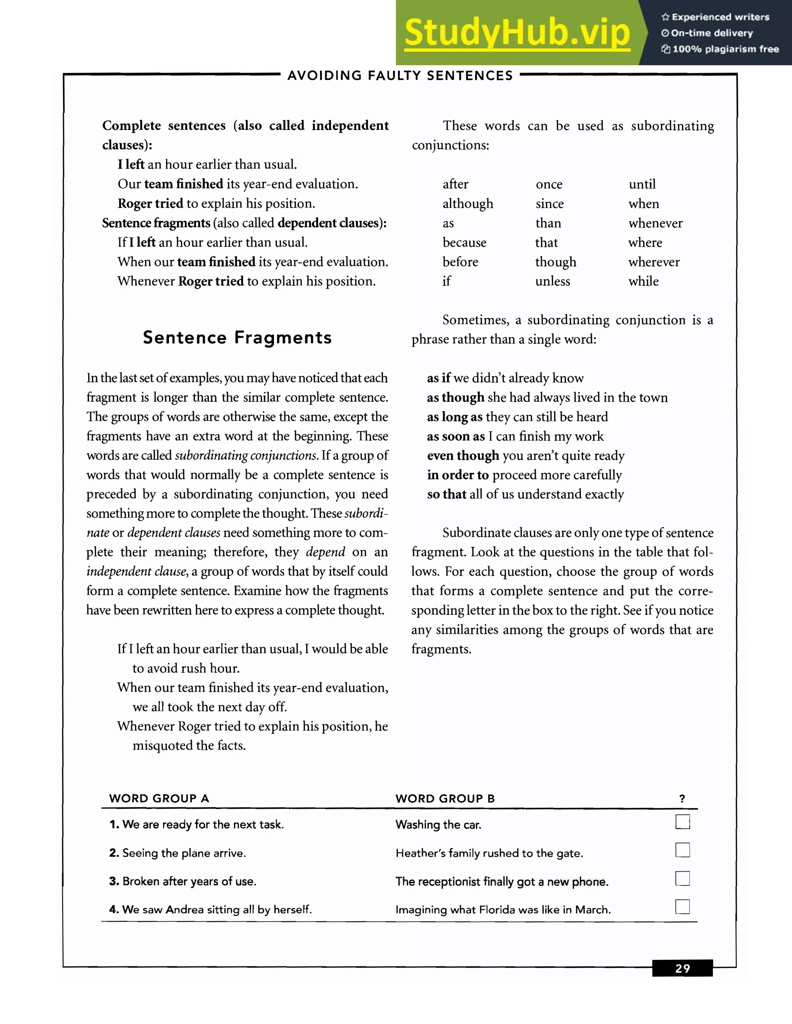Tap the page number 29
[682, 968]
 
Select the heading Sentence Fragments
[237, 338]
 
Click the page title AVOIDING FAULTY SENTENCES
[400, 75]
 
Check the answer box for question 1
[682, 822]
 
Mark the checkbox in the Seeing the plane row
[682, 850]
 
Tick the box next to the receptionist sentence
[682, 878]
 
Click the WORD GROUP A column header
[159, 798]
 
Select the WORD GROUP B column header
[445, 798]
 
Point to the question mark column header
[682, 798]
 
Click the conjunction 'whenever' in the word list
[655, 223]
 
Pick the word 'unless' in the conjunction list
[552, 281]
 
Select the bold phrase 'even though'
[463, 456]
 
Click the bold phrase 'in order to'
[457, 475]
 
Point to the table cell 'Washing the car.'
[438, 825]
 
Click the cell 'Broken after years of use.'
[189, 881]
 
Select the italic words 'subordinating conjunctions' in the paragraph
[246, 456]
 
